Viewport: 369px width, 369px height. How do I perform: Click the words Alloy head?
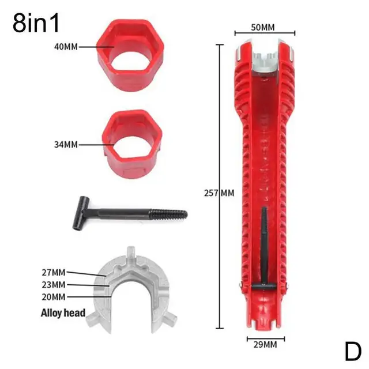[x=63, y=314]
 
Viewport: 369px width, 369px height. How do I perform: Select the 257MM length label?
[x=219, y=193]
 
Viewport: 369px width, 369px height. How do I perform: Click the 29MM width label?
[x=265, y=344]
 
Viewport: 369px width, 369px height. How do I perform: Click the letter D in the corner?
[x=353, y=351]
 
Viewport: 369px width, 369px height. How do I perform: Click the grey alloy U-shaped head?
[x=130, y=288]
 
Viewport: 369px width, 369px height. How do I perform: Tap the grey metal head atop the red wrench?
[x=265, y=58]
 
